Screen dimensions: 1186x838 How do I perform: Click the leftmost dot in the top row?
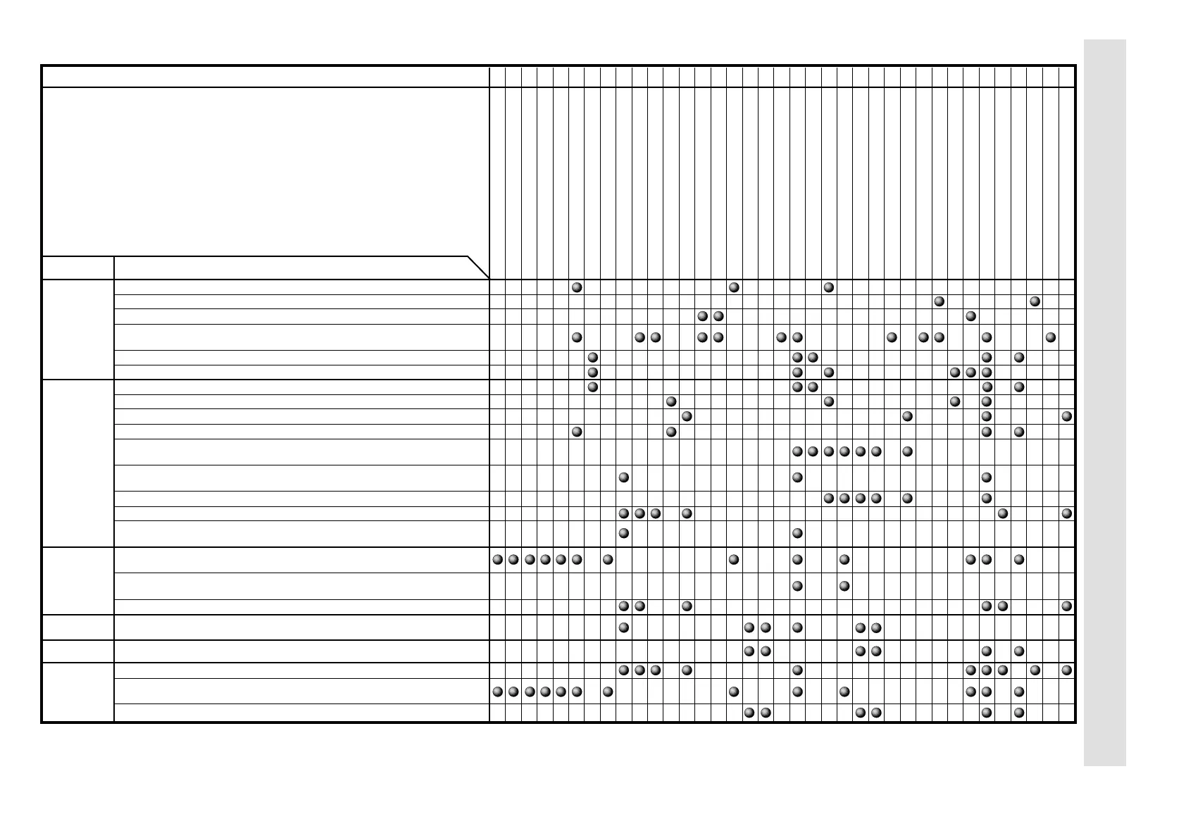tap(577, 287)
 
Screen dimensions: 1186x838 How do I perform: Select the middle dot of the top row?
tap(734, 287)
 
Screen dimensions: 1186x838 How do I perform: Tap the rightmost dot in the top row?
tap(829, 287)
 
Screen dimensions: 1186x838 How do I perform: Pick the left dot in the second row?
tap(939, 301)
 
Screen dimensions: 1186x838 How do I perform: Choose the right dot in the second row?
tap(1035, 301)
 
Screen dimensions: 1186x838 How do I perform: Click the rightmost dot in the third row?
tap(970, 316)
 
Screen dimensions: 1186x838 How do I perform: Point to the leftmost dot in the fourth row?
tap(577, 337)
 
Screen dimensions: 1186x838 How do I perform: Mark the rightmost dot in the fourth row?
tap(1051, 337)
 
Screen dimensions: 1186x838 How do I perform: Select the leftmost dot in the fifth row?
tap(593, 358)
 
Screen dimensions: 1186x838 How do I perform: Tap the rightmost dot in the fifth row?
tap(1019, 358)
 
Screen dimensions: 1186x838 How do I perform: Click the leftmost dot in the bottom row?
tap(749, 713)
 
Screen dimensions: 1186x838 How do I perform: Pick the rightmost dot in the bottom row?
tap(1019, 713)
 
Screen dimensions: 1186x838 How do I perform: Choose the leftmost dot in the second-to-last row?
tap(497, 692)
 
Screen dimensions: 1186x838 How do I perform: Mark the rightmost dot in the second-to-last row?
tap(1019, 692)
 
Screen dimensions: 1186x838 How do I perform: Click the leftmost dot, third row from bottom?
tap(623, 670)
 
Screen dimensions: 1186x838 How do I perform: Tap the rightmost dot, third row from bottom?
tap(1067, 670)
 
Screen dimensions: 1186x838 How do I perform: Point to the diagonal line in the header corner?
tap(478, 268)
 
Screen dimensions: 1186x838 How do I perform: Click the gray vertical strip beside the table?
tap(1104, 401)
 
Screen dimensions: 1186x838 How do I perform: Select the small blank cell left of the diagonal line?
tap(77, 268)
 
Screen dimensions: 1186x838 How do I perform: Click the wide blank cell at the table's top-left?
tap(265, 76)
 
